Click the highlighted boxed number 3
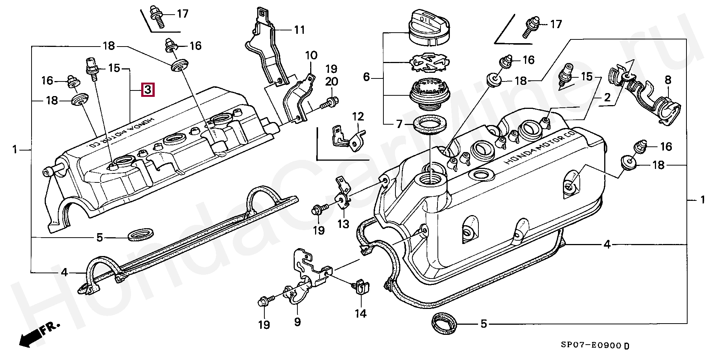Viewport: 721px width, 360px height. (148, 90)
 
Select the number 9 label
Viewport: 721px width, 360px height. (297, 322)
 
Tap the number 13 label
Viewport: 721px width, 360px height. (343, 224)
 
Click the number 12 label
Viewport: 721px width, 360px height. (358, 116)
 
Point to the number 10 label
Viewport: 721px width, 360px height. (311, 56)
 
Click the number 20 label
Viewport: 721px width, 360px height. (332, 81)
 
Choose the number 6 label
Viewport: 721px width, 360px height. (367, 78)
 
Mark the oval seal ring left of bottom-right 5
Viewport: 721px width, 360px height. (445, 324)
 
